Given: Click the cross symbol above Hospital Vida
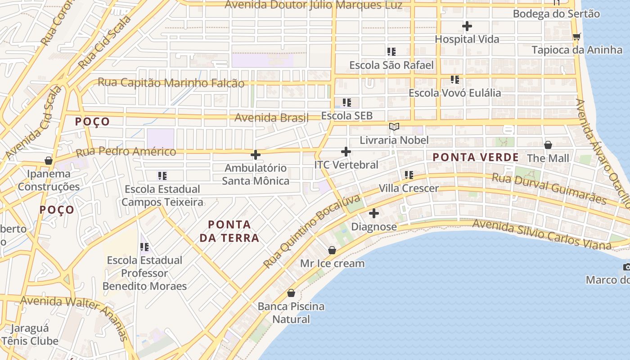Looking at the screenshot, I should pyautogui.click(x=467, y=26).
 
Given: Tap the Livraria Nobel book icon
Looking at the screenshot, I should pyautogui.click(x=394, y=127).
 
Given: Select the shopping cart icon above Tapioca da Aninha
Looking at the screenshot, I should pyautogui.click(x=576, y=36).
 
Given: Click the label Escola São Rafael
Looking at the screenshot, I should pyautogui.click(x=391, y=65).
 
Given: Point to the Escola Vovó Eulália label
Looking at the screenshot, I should pyautogui.click(x=454, y=93).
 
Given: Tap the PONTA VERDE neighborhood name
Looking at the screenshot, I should pyautogui.click(x=476, y=157).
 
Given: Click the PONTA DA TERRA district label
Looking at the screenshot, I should pyautogui.click(x=229, y=231).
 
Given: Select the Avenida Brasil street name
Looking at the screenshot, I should pyautogui.click(x=272, y=118).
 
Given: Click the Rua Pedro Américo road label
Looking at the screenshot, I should pyautogui.click(x=126, y=152).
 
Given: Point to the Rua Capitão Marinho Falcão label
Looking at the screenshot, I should pyautogui.click(x=171, y=83).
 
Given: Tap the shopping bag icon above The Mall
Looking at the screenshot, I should pyautogui.click(x=548, y=145).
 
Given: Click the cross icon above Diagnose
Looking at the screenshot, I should pyautogui.click(x=373, y=213).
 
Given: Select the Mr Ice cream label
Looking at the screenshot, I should pyautogui.click(x=332, y=263).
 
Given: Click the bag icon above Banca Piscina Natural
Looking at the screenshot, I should pyautogui.click(x=291, y=293).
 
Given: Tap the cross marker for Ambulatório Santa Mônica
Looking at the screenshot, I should pyautogui.click(x=256, y=155).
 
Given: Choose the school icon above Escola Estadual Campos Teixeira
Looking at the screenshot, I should pyautogui.click(x=162, y=175).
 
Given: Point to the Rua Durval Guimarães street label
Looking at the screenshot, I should pyautogui.click(x=549, y=189).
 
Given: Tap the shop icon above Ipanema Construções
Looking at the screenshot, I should pyautogui.click(x=49, y=161).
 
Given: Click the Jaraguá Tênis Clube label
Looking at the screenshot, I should pyautogui.click(x=30, y=334).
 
